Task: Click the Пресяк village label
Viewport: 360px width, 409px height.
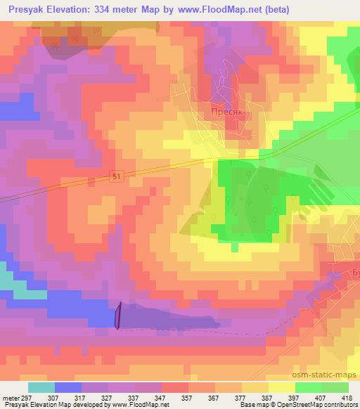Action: pos(227,110)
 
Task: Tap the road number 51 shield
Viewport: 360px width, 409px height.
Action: pos(117,178)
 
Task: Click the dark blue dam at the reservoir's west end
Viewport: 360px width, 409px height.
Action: pos(118,314)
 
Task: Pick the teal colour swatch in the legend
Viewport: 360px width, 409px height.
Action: pos(41,387)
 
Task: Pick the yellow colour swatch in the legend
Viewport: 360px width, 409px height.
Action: pos(282,387)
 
